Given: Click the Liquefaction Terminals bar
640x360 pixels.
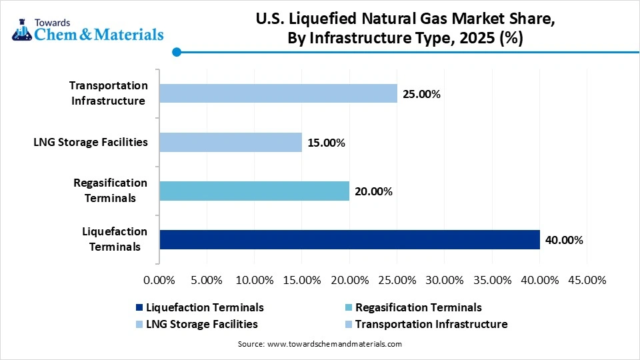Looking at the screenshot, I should [x=349, y=239].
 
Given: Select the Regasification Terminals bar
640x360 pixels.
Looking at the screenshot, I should [x=254, y=191].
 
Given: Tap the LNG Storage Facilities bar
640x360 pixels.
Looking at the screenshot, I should [x=230, y=142].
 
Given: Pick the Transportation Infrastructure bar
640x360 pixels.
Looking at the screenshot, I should [x=278, y=93].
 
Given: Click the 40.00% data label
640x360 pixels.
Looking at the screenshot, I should [x=564, y=240].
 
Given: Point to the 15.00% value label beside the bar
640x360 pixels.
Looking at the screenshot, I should [x=326, y=143].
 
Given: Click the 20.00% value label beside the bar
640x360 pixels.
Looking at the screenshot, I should [x=373, y=191].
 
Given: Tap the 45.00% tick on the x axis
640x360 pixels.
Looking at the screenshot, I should [x=586, y=280].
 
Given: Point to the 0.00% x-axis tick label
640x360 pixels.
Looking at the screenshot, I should [x=159, y=280].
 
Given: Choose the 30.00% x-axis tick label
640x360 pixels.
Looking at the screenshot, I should [x=443, y=280].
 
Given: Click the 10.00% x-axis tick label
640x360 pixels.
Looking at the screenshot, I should [x=254, y=280].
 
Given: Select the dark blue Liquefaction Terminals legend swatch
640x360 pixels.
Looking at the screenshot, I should [x=139, y=308].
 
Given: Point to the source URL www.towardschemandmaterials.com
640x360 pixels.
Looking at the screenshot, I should [x=334, y=344].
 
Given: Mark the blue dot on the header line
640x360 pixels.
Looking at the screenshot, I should [x=177, y=52].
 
